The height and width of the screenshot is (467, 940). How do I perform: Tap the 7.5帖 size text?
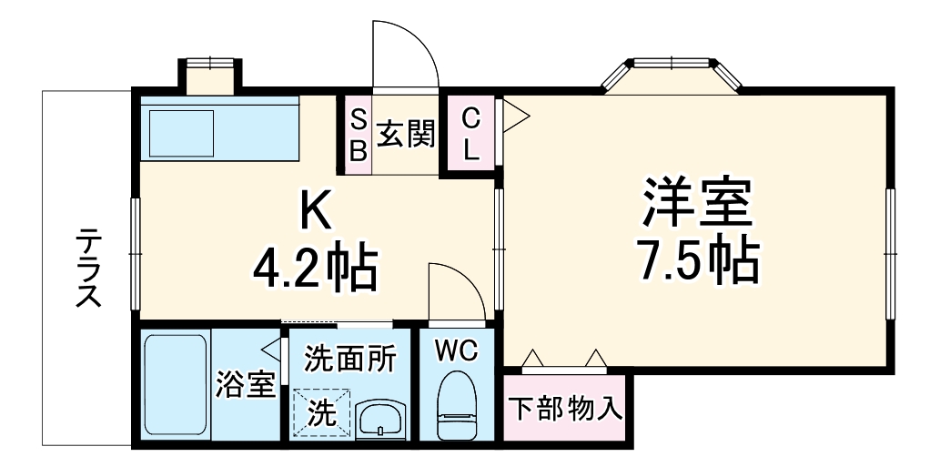[x=699, y=260]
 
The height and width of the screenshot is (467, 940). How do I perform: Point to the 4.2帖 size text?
[x=315, y=268]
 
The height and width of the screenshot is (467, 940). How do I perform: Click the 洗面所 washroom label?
[x=350, y=358]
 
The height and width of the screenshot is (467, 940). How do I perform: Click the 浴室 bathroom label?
[x=245, y=386]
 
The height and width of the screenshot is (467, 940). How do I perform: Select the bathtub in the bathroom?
[x=177, y=385]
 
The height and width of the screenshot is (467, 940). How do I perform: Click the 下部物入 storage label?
[x=564, y=409]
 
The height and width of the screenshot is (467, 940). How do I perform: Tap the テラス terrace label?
[x=88, y=268]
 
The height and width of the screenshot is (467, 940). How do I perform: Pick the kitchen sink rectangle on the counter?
[x=181, y=134]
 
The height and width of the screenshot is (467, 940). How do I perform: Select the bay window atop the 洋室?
[x=674, y=73]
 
